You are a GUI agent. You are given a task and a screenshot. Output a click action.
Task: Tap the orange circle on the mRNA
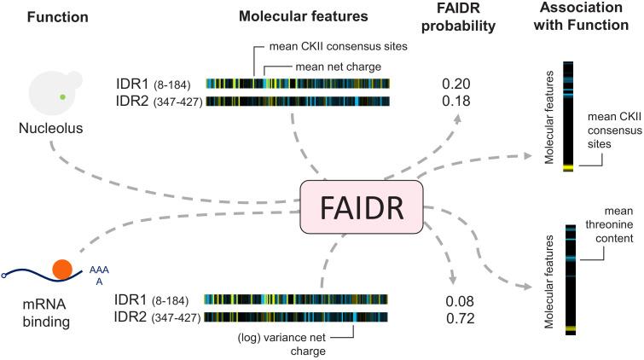pyautogui.click(x=61, y=270)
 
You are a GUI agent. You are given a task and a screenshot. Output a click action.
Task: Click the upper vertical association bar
pyautogui.click(x=567, y=116)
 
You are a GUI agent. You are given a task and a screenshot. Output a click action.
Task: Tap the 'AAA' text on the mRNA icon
pyautogui.click(x=99, y=272)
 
